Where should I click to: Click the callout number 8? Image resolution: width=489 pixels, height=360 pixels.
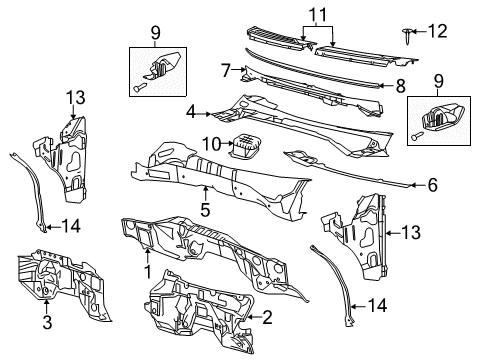[227, 70]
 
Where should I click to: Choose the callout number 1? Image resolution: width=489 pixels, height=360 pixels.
[148, 272]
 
